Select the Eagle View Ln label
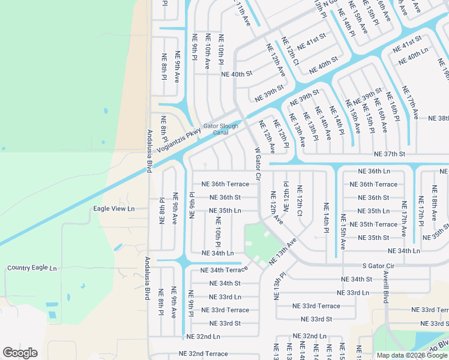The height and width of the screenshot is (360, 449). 114,209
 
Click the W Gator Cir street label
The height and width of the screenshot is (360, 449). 258,164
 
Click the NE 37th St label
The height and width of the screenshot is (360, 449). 390,154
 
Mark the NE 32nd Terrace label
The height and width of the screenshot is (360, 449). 203,354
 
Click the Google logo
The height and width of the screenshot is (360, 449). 20,353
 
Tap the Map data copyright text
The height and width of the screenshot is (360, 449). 412,355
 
